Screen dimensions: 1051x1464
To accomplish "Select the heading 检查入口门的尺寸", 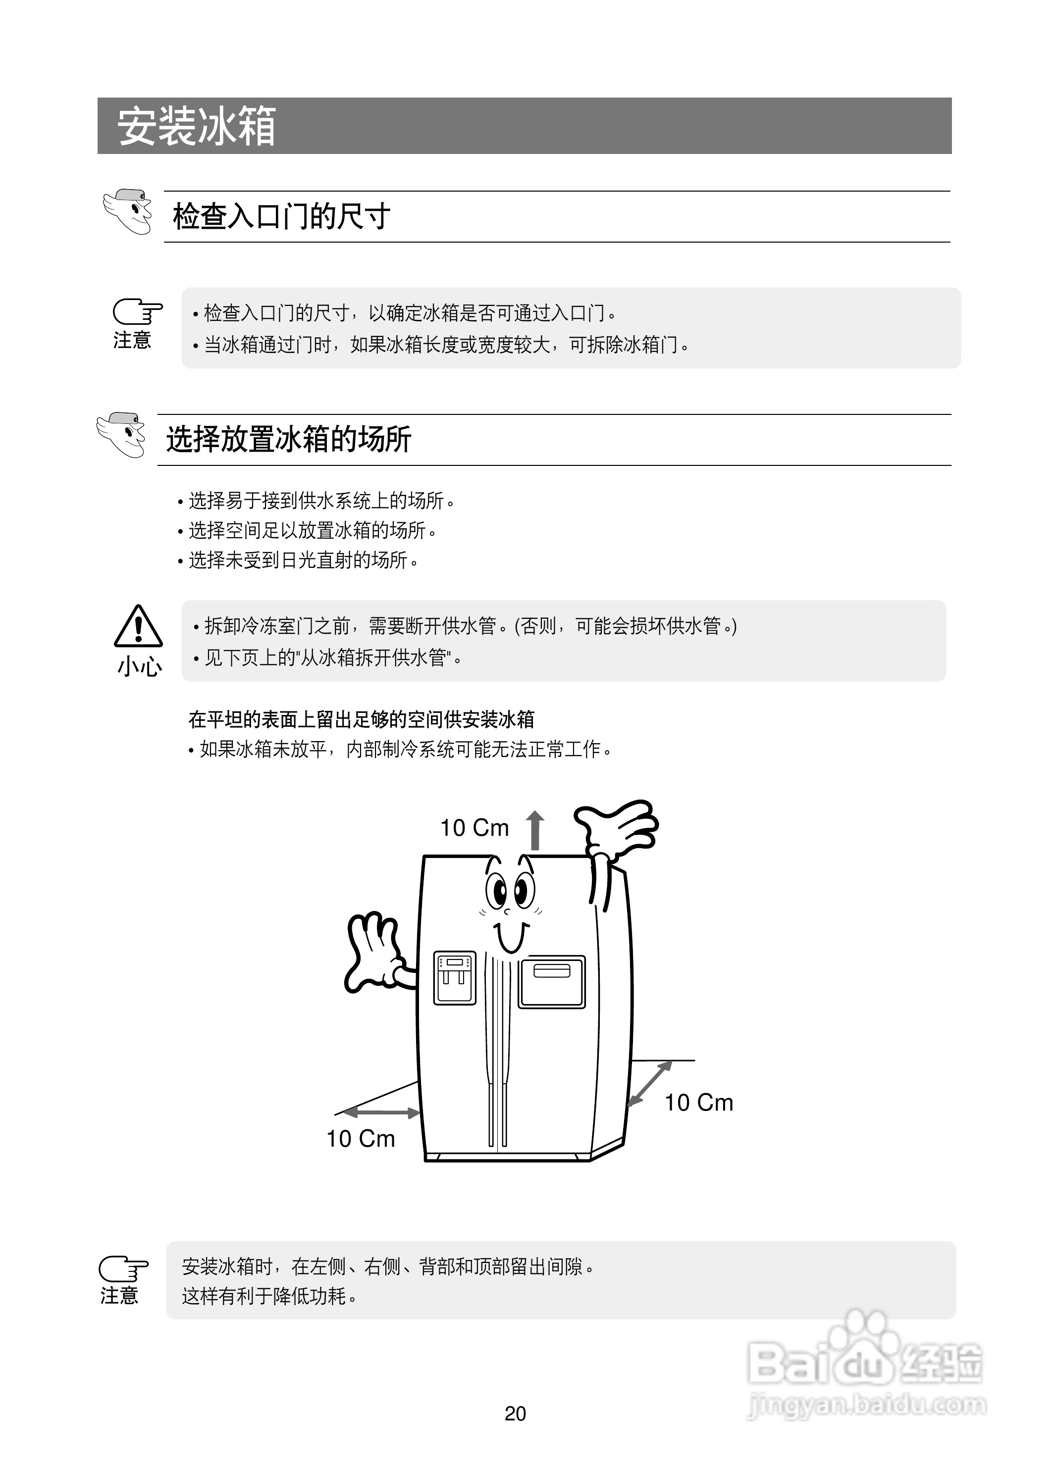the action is pyautogui.click(x=281, y=216).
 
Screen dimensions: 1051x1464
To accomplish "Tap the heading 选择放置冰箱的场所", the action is pyautogui.click(x=289, y=440).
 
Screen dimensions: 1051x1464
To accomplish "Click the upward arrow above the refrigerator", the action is pyautogui.click(x=534, y=830).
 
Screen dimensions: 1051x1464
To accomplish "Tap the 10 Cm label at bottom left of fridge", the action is pyautogui.click(x=360, y=1138).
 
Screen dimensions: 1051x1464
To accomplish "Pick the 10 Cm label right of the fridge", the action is pyautogui.click(x=699, y=1102).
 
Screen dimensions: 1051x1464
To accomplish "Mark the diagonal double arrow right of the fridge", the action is pyautogui.click(x=650, y=1084).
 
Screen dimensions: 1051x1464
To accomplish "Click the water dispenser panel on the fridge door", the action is pyautogui.click(x=455, y=977).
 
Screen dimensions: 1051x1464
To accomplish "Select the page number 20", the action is pyautogui.click(x=515, y=1414).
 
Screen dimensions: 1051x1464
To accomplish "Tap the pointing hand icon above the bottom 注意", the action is pyautogui.click(x=123, y=1268).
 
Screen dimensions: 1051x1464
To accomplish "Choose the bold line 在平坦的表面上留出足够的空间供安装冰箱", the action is pyautogui.click(x=362, y=719).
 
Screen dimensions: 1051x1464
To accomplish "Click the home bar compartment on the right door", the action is pyautogui.click(x=552, y=982).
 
